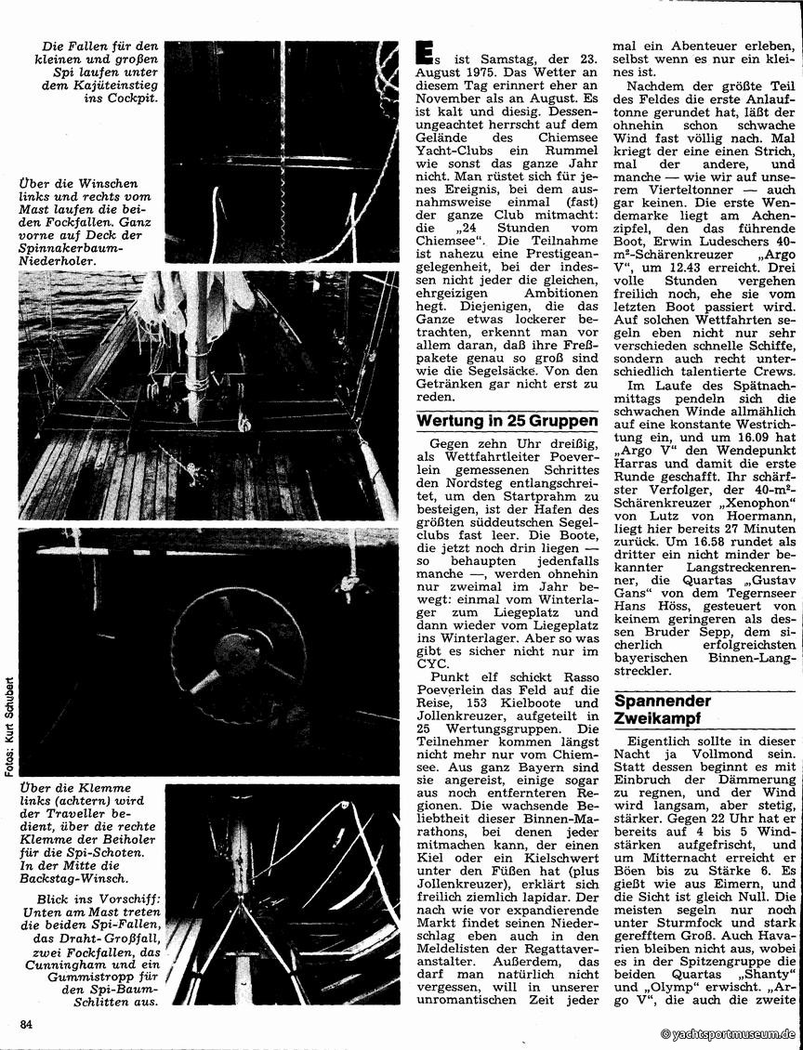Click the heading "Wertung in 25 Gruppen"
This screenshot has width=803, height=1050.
[x=507, y=420]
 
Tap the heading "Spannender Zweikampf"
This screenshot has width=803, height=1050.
[x=663, y=711]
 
